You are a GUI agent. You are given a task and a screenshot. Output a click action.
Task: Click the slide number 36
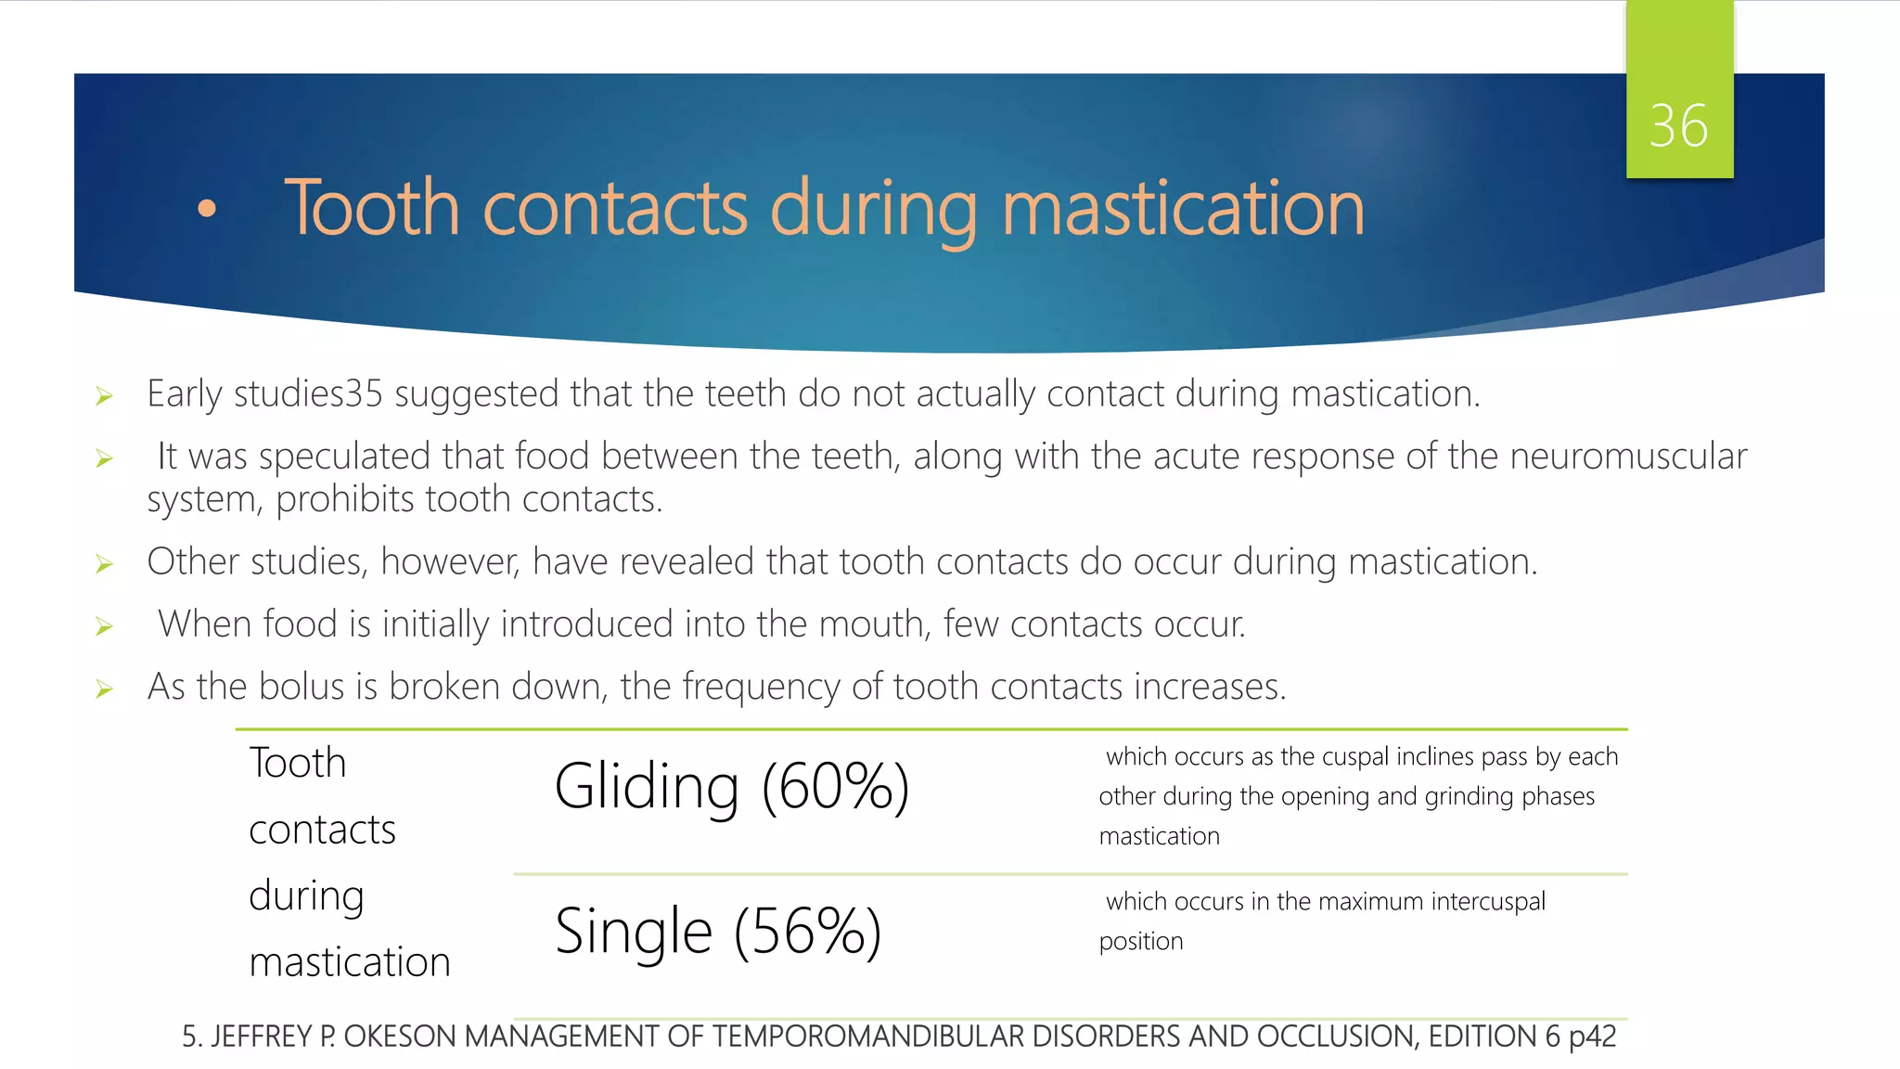pos(1678,126)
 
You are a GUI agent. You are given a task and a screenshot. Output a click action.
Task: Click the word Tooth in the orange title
pos(371,208)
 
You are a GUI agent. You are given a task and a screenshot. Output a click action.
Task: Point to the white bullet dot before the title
pos(207,209)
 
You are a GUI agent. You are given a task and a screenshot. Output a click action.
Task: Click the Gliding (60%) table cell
pos(731,787)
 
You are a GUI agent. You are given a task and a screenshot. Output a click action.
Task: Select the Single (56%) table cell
pos(717,932)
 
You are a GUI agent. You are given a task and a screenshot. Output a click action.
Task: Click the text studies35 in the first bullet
pos(308,394)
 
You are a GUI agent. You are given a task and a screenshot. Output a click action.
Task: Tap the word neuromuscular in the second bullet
pos(1628,457)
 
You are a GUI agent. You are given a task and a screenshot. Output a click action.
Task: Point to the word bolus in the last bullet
pos(302,687)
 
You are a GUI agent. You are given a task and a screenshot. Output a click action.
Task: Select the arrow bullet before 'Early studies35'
pos(104,397)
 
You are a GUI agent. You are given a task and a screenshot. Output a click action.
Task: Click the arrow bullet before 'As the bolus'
pos(104,689)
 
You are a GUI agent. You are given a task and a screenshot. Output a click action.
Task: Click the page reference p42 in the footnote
pos(1592,1037)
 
